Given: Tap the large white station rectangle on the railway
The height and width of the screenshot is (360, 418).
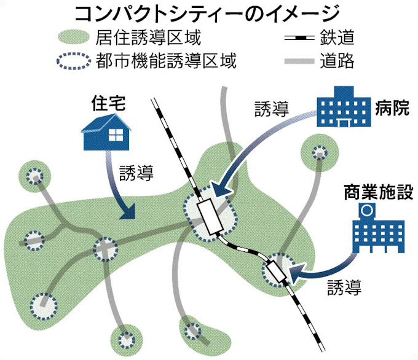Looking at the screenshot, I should click(211, 216).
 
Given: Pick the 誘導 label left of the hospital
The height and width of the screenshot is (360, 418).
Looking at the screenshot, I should click(270, 110).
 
